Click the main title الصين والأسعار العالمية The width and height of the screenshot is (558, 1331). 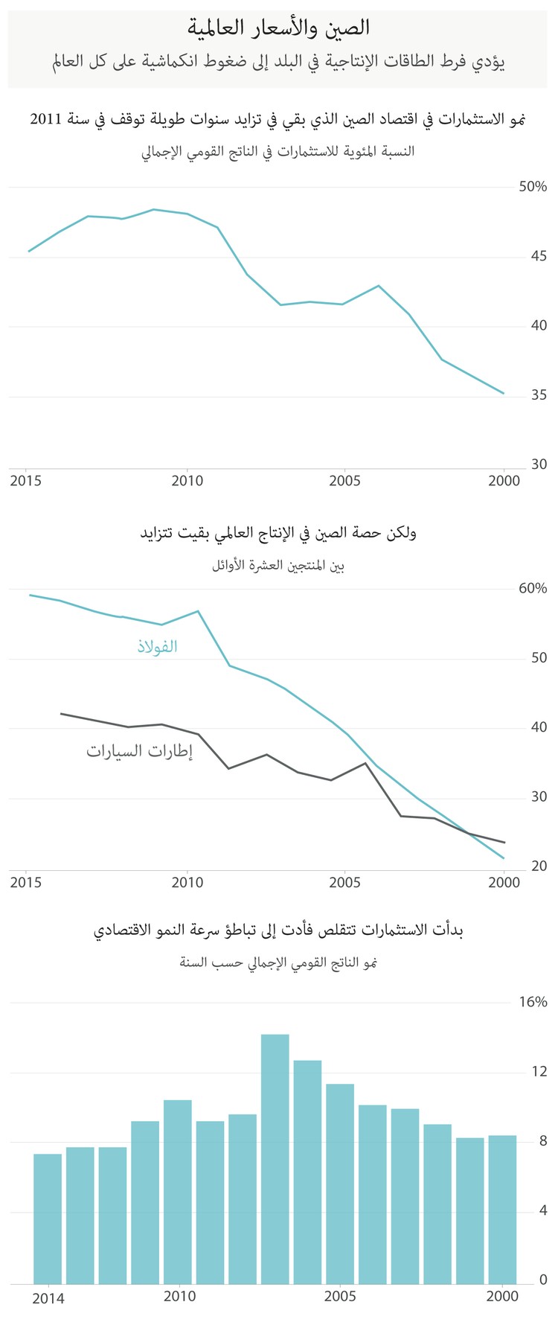point(279,28)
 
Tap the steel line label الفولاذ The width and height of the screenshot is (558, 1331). point(157,646)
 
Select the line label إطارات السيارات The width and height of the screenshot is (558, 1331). point(139,751)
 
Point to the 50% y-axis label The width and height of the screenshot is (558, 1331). point(533,187)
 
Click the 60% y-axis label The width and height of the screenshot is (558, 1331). point(533,589)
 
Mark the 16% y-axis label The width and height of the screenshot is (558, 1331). point(533,1003)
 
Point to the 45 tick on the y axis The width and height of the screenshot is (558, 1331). point(538,257)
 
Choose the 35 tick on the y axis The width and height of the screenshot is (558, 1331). point(538,395)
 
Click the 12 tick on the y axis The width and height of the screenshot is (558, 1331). point(539,1072)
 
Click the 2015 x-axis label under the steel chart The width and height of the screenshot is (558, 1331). point(26,883)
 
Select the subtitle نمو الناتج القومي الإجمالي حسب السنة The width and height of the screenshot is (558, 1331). point(278,963)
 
